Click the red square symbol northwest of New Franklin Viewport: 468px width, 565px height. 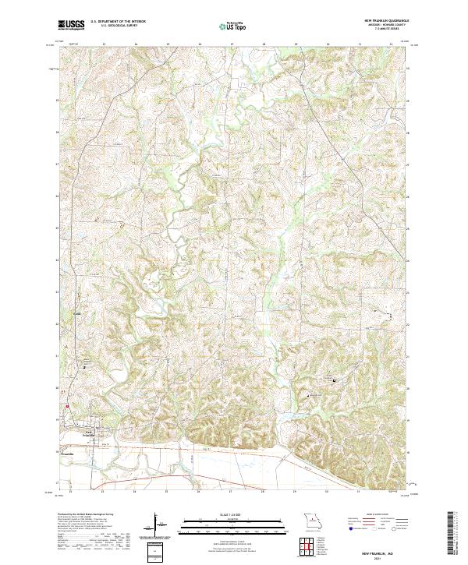67,405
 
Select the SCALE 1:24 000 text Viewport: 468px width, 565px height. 233,515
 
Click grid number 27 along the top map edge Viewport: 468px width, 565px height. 232,45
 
